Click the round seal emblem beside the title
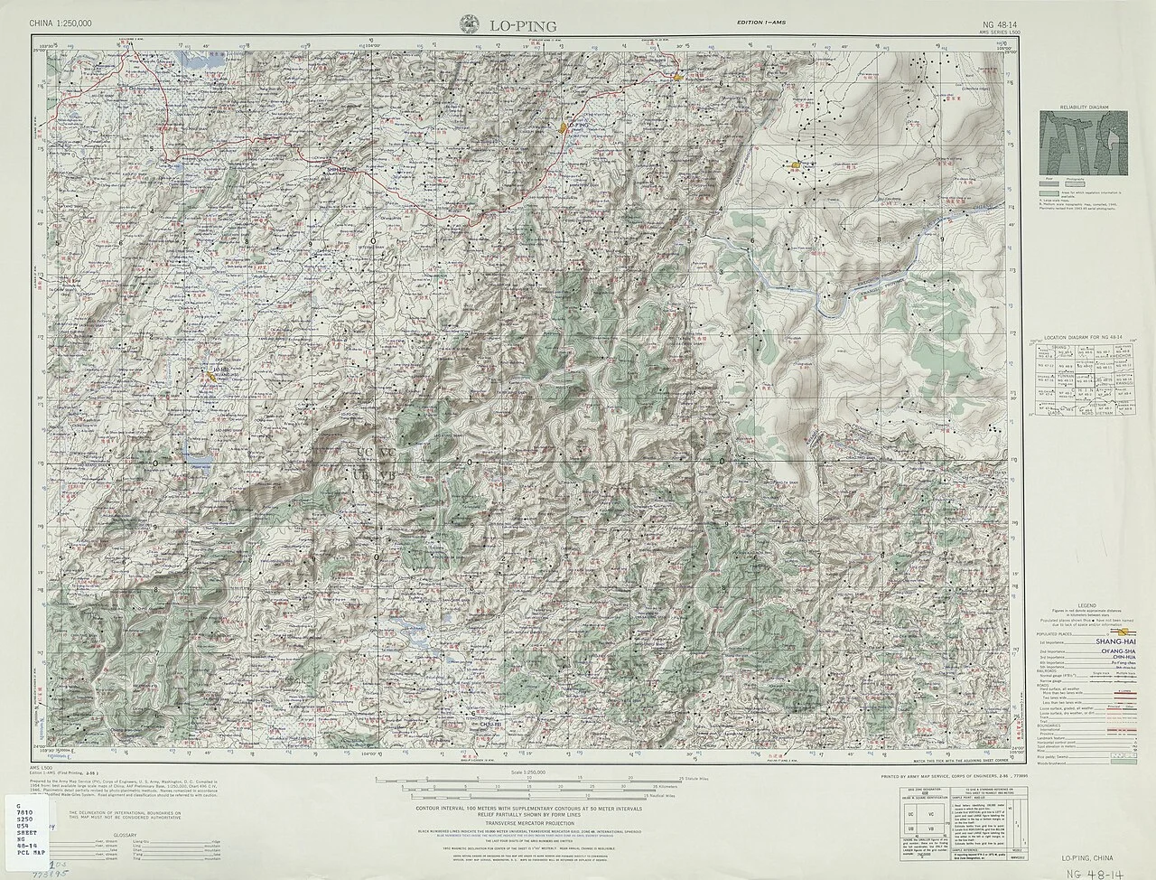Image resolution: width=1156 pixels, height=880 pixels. click(471, 24)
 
